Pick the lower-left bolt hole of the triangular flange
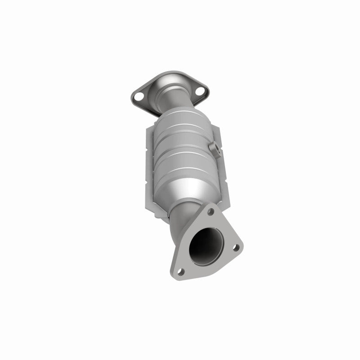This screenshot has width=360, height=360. pyautogui.click(x=180, y=271)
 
